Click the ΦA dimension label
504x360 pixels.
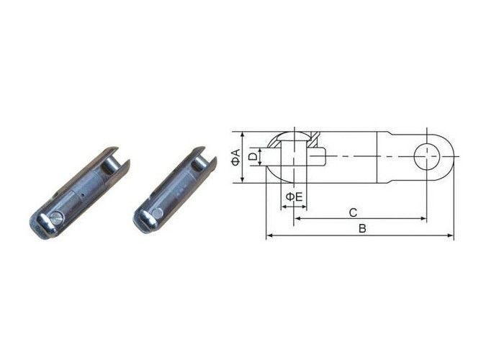236,157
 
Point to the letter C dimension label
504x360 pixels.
353,212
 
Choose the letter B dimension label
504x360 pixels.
363,230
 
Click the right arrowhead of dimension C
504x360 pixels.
424,218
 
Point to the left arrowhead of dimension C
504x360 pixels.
296,218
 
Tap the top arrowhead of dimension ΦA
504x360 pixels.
243,135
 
